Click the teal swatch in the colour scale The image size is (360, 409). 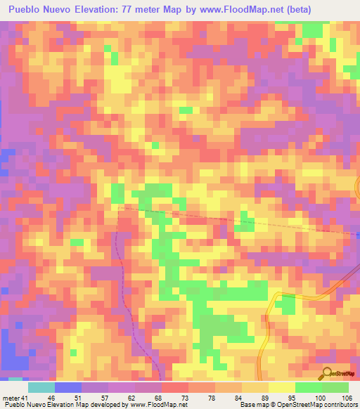[x=41, y=387]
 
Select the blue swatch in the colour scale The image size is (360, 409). [x=67, y=387]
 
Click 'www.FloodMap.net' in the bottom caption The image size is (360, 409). [x=154, y=405]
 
